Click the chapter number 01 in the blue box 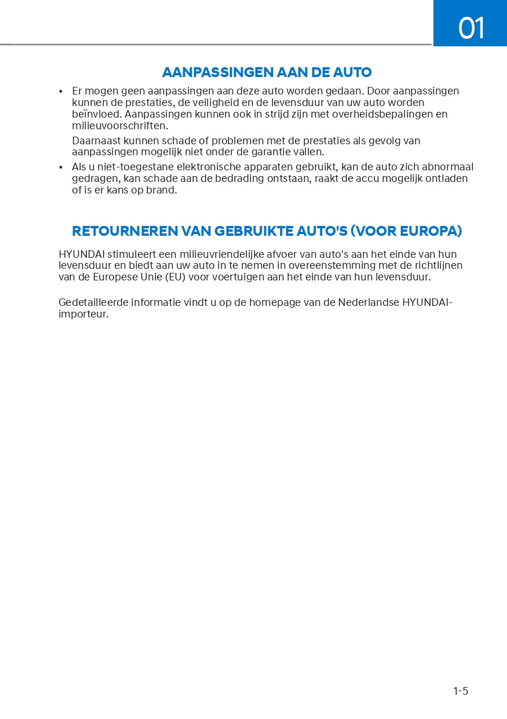(471, 28)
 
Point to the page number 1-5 (461, 691)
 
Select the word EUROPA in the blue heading (431, 231)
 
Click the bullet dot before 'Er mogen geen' (61, 92)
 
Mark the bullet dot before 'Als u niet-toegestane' (61, 167)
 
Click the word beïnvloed (96, 114)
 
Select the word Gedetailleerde (93, 302)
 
